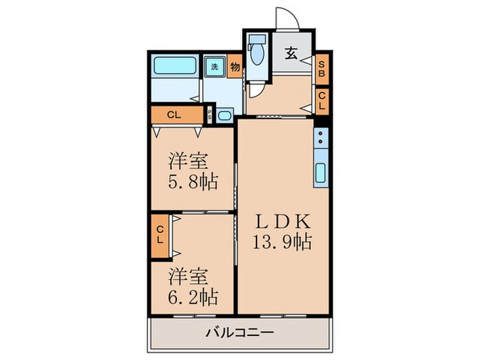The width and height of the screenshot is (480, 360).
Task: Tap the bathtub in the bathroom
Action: point(175,67)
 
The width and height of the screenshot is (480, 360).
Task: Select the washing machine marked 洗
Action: point(215,67)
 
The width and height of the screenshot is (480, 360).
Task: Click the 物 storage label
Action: point(235,67)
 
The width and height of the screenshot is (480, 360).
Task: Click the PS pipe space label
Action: point(210,115)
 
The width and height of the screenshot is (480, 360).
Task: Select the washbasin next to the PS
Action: point(225,115)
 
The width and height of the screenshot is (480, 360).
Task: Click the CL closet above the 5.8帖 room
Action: point(174,115)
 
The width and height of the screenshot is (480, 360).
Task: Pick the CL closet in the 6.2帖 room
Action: point(159,235)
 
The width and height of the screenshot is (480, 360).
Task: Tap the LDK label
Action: point(285,221)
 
